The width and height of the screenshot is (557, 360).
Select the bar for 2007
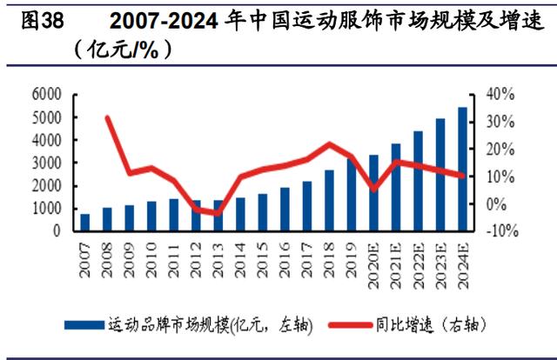pos(84,223)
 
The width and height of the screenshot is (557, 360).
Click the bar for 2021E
pos(396,188)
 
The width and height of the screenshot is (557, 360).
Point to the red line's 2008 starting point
pos(106,117)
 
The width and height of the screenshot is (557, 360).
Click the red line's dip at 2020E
pos(373,189)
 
